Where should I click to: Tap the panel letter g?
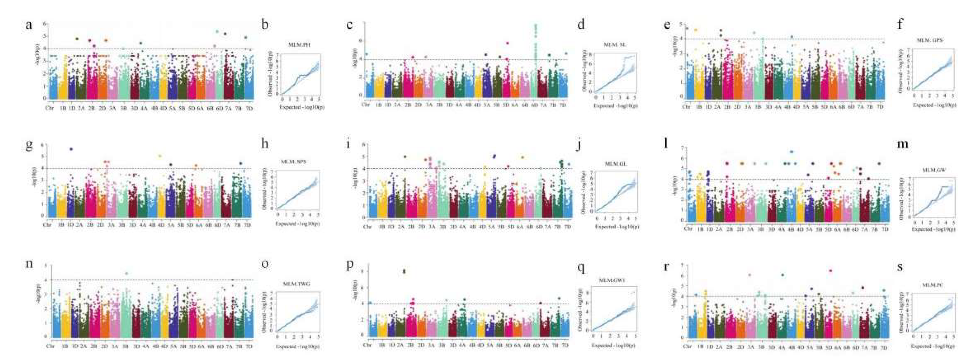tap(28, 147)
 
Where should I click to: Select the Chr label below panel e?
tap(686, 107)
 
